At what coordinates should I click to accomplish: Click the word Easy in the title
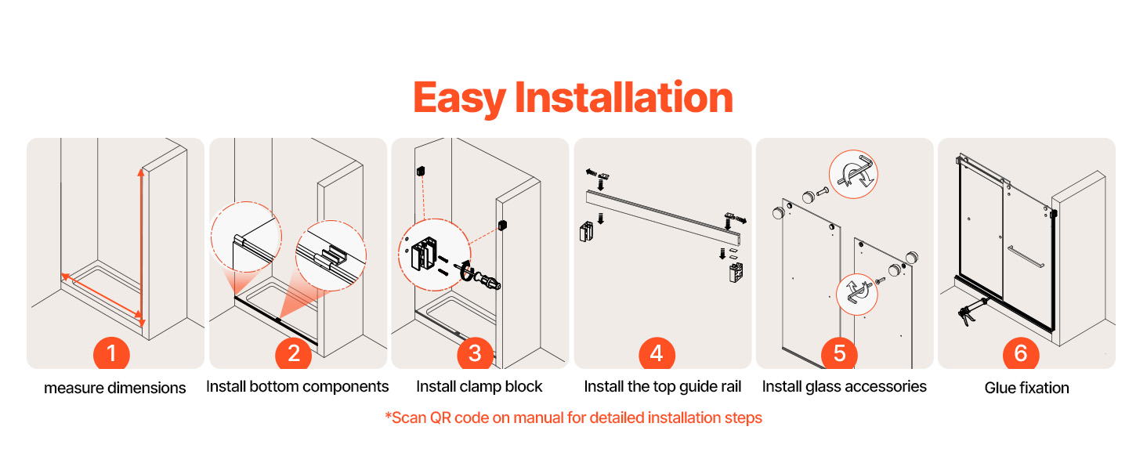pos(459,99)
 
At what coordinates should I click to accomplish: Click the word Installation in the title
pos(624,97)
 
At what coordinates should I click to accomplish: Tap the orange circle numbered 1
pos(111,352)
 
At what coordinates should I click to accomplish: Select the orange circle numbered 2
pos(293,352)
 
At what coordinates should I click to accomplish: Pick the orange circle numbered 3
pos(476,352)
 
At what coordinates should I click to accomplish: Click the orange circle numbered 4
pos(657,352)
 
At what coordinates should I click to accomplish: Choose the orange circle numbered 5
pos(839,352)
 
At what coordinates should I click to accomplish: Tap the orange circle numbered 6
pos(1021,352)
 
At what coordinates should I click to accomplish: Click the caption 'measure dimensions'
pos(114,388)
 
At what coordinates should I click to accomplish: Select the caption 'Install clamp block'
pos(479,386)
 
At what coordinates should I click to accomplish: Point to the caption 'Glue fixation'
pos(1026,388)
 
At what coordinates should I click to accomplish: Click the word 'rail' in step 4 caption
pos(731,386)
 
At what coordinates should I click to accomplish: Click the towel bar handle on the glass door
pos(1026,256)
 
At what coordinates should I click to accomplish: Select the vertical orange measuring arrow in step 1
pos(141,248)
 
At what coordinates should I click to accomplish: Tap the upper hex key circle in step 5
pos(853,174)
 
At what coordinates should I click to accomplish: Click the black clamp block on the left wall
pos(421,171)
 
